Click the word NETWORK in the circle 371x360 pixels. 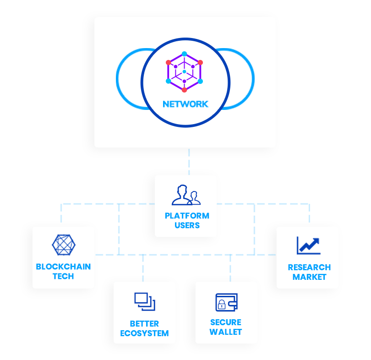(x=185, y=104)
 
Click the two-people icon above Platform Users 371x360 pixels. (x=186, y=195)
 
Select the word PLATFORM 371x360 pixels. (x=187, y=216)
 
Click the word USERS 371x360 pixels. (x=187, y=225)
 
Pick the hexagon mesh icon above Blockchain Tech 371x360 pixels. (x=63, y=245)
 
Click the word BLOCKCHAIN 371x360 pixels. (x=63, y=267)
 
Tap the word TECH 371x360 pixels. (x=63, y=276)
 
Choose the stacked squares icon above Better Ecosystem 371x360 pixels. (x=145, y=301)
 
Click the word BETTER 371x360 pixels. (x=144, y=323)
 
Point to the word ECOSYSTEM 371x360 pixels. (x=144, y=333)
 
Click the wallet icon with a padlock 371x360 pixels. (x=226, y=302)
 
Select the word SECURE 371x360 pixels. (x=226, y=322)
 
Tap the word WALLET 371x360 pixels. (x=226, y=332)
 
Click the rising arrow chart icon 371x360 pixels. (x=308, y=245)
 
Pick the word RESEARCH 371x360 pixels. (x=309, y=267)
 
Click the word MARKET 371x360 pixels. (x=309, y=277)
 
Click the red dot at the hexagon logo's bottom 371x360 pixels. (x=184, y=90)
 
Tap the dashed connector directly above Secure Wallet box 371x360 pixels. (x=230, y=268)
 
